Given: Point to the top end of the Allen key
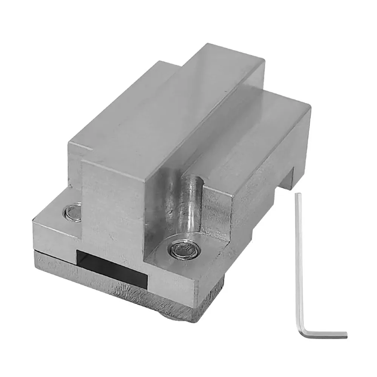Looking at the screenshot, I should coord(297,195).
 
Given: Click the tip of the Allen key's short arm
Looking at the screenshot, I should coord(345,334).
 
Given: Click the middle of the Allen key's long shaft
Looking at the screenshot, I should coord(300,264).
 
